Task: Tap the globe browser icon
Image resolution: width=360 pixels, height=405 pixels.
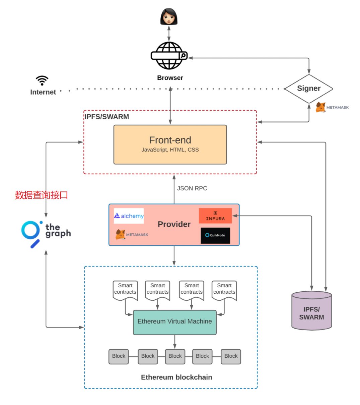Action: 169,56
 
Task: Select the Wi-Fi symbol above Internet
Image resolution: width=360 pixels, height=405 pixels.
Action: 42,80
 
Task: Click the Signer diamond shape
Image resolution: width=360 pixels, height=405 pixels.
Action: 308,89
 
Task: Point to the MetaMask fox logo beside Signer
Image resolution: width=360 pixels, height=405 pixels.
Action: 321,107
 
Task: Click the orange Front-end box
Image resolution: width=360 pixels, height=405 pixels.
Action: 170,144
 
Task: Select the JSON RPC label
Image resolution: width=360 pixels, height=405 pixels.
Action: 192,188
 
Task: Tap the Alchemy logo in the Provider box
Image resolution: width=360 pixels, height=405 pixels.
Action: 129,216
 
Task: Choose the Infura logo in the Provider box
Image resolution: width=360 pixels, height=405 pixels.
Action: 215,216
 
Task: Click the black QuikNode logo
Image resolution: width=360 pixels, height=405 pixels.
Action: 215,235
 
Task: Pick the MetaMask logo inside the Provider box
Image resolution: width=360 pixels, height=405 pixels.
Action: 132,235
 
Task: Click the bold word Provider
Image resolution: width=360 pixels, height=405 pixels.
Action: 174,224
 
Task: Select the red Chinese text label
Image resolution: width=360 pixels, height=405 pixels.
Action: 42,195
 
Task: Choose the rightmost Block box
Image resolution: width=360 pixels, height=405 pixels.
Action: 231,356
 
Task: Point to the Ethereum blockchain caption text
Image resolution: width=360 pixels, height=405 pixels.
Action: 176,377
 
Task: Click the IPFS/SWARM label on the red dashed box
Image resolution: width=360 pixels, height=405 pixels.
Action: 107,117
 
